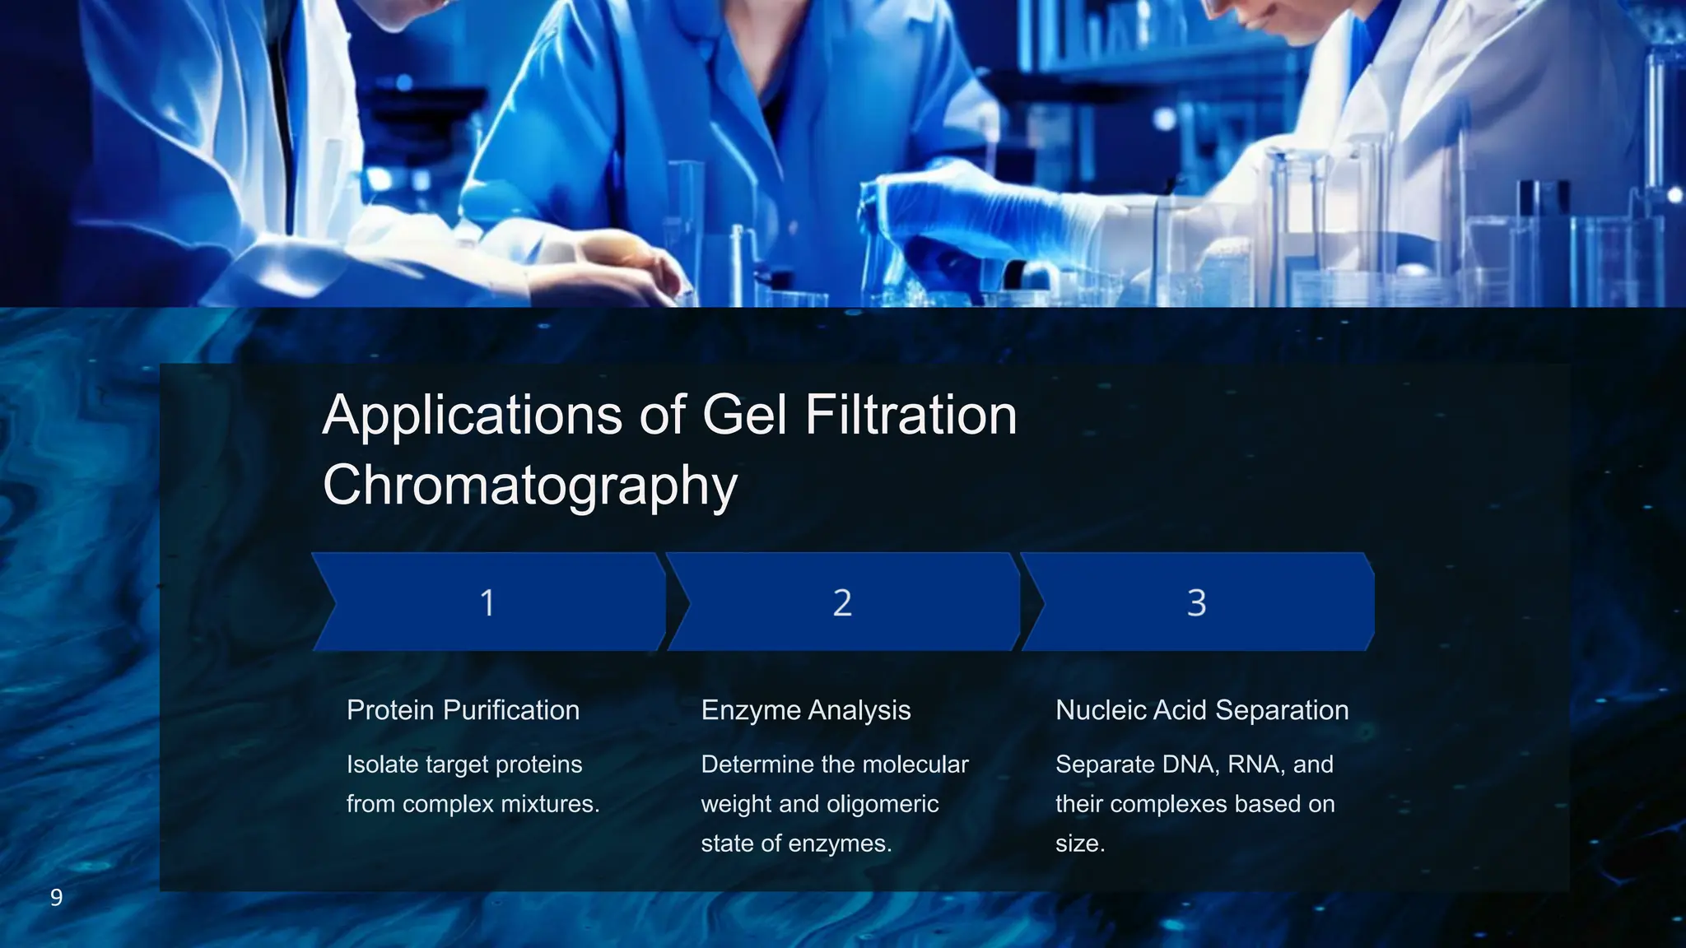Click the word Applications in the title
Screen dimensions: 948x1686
click(473, 416)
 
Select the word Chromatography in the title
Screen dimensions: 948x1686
click(529, 486)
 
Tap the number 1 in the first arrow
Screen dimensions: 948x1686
click(487, 603)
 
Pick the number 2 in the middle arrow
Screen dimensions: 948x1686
click(841, 603)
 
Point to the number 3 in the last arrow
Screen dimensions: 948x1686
click(1196, 603)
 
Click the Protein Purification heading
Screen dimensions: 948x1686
click(463, 710)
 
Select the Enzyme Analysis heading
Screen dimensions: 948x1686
click(805, 710)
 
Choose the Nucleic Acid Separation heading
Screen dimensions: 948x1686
click(1202, 710)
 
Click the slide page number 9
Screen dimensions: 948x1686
click(56, 898)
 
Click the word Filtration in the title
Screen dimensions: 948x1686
click(911, 416)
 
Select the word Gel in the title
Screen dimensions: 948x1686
click(746, 416)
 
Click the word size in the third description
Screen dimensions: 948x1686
click(1078, 843)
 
